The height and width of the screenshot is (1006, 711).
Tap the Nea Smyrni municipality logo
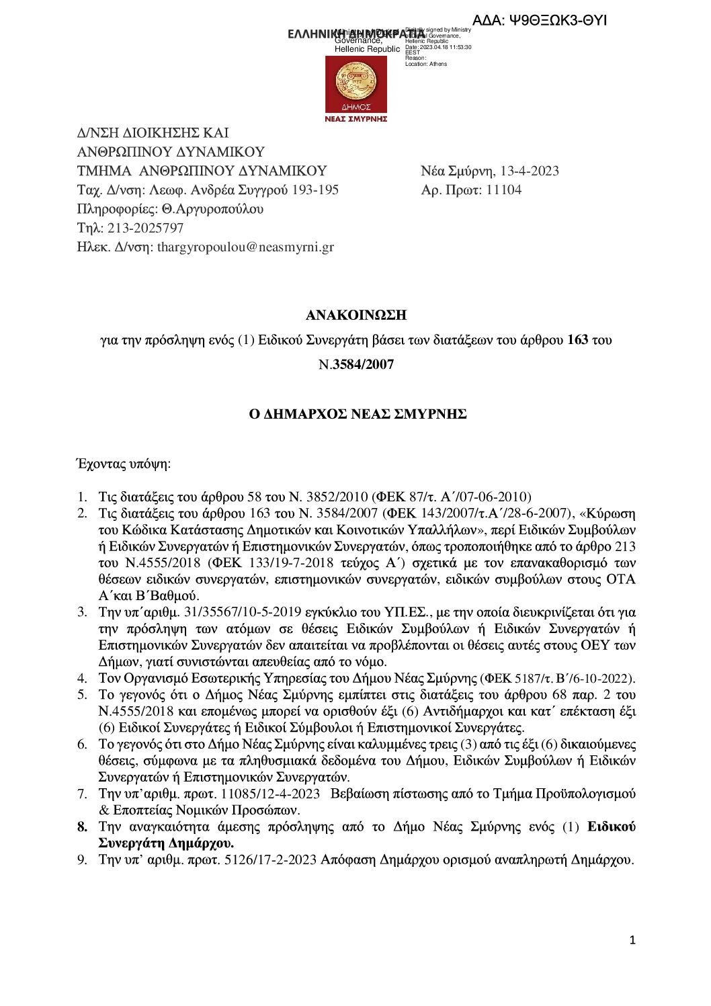pyautogui.click(x=356, y=84)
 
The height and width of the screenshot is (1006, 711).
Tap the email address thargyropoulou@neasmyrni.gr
pyautogui.click(x=245, y=247)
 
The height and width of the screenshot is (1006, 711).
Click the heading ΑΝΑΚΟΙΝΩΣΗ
pyautogui.click(x=356, y=315)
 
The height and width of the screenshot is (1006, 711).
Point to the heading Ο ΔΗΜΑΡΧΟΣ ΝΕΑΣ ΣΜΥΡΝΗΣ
pyautogui.click(x=358, y=414)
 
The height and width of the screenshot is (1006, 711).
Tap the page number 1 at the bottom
pyautogui.click(x=632, y=940)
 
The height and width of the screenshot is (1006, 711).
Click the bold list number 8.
pyautogui.click(x=82, y=827)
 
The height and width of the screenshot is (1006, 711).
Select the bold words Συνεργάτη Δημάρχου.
pyautogui.click(x=167, y=843)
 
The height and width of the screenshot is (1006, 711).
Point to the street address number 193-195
pyautogui.click(x=315, y=190)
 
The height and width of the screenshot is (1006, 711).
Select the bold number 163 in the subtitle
pyautogui.click(x=577, y=340)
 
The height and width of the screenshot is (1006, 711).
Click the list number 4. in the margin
pyautogui.click(x=82, y=678)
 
